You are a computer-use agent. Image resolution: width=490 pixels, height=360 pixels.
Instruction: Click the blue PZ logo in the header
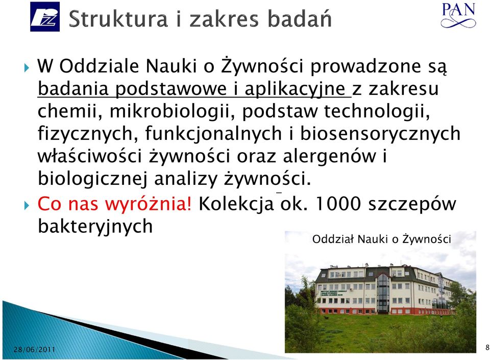tap(45, 16)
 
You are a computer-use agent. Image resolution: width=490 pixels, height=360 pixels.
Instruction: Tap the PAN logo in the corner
tap(458, 15)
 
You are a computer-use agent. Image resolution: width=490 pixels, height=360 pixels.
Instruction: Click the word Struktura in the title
tap(118, 19)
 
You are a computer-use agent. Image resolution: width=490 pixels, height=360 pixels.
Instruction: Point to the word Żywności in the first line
tap(262, 66)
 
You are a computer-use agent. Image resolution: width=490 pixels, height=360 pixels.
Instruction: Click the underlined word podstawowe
tap(171, 89)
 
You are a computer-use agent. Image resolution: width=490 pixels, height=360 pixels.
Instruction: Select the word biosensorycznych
tap(380, 134)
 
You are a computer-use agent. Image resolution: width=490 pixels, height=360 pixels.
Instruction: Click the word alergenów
tap(329, 156)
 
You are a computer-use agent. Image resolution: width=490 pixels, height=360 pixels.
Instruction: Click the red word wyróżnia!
tap(148, 204)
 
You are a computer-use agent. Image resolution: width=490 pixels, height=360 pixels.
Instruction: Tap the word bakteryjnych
tap(95, 226)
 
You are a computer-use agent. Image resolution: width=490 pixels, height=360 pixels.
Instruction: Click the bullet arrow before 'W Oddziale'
tap(27, 67)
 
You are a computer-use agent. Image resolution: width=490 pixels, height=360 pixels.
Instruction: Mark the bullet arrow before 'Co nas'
tap(27, 205)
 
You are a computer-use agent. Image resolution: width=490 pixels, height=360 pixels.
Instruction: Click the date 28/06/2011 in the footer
tap(34, 349)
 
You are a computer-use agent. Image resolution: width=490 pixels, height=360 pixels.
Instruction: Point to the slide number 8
tap(487, 348)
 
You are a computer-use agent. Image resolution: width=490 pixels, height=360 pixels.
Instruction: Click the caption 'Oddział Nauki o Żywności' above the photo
tap(382, 239)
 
